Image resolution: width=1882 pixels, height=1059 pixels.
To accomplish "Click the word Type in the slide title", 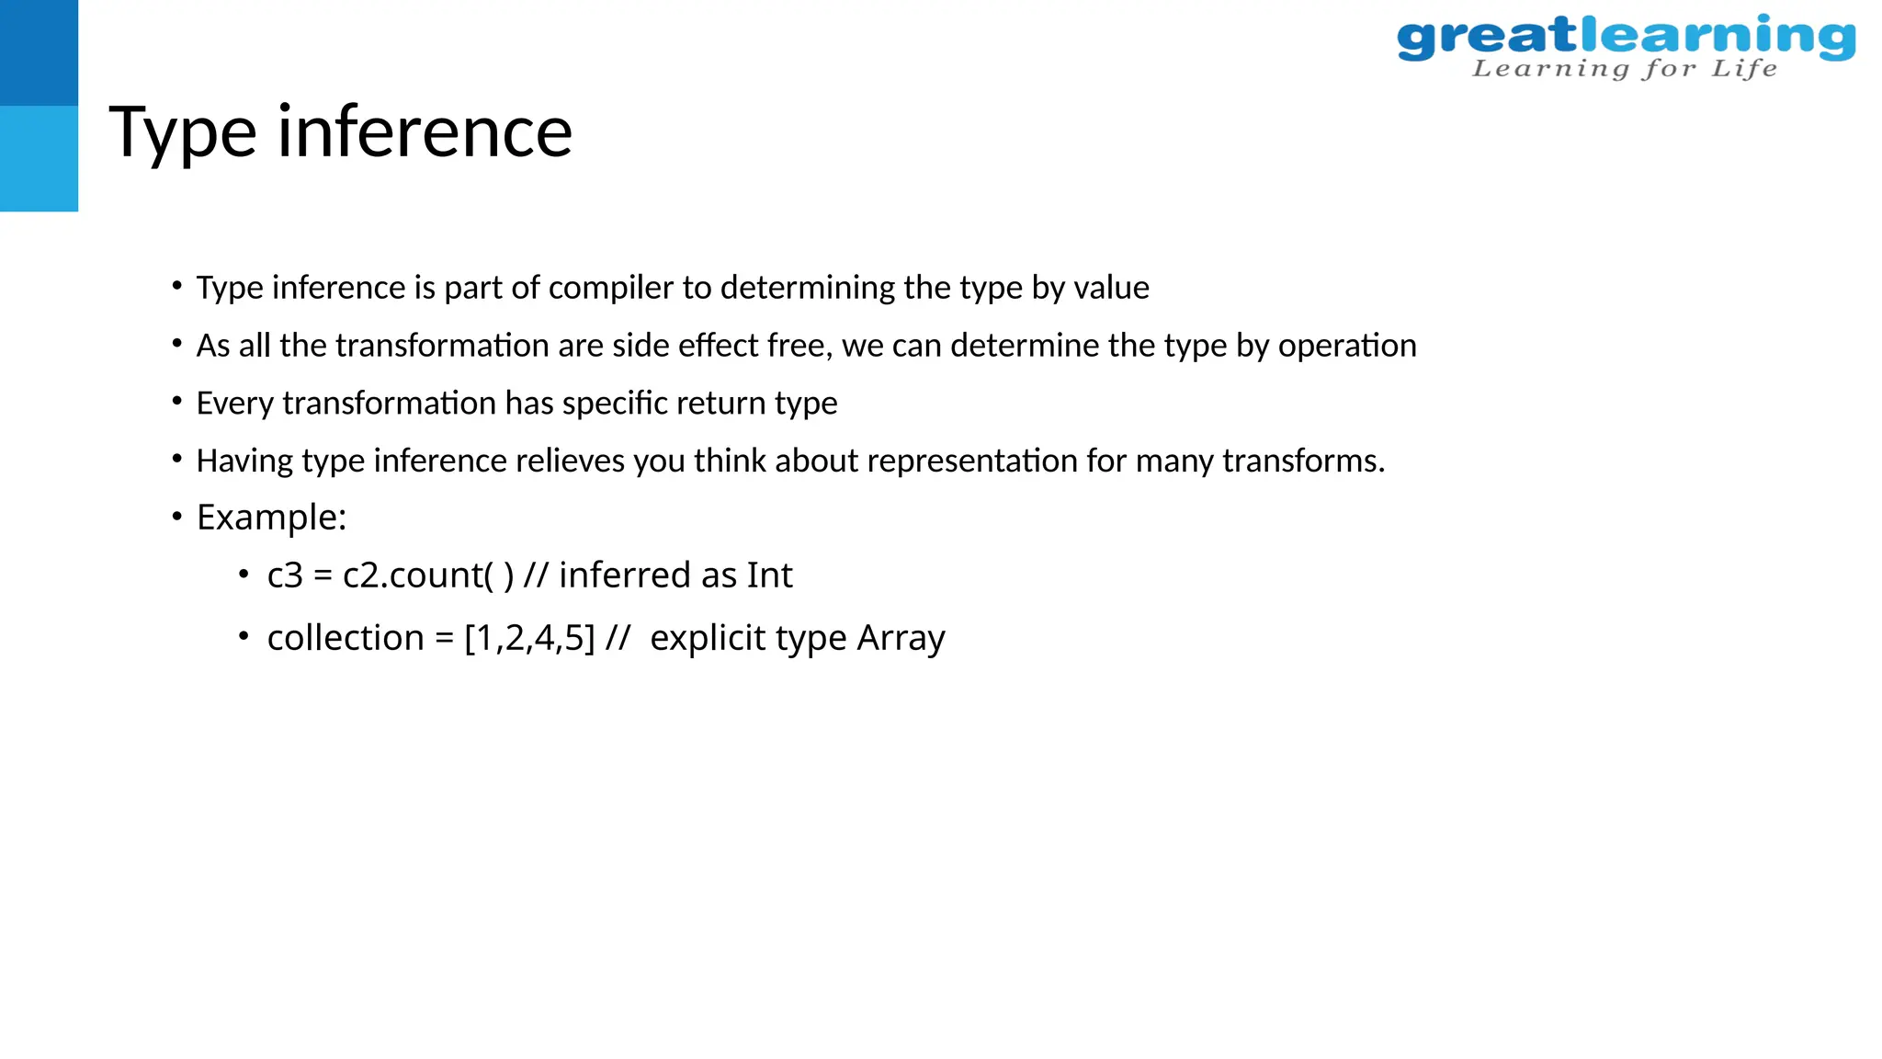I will coord(182,133).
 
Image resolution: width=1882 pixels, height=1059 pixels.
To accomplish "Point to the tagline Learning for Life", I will coord(1624,69).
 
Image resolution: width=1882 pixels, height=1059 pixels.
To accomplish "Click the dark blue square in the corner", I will coord(39,52).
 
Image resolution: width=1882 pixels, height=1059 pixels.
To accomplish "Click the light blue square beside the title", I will coord(39,158).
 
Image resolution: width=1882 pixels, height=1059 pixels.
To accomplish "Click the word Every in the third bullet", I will coord(234,404).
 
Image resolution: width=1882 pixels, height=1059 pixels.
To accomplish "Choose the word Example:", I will coord(271,518).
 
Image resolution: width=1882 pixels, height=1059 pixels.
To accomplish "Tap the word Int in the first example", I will coord(769,575).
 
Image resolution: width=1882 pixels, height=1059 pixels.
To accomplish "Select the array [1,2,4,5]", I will coord(530,638).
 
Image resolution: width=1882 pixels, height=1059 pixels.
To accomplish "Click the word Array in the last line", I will coord(901,638).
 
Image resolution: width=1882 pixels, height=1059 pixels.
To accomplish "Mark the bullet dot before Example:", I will coord(176,517).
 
